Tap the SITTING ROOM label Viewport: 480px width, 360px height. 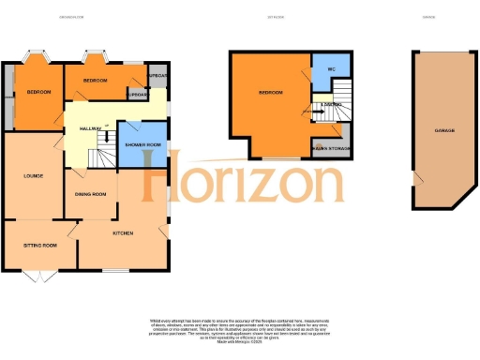coord(40,245)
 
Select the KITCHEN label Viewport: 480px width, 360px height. coord(123,232)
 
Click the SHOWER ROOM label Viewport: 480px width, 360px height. coord(142,145)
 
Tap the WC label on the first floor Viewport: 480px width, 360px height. coord(331,71)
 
